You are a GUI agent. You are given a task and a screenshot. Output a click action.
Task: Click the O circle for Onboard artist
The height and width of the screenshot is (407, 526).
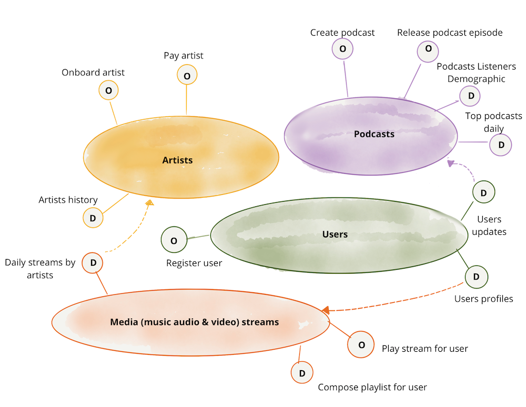pyautogui.click(x=108, y=91)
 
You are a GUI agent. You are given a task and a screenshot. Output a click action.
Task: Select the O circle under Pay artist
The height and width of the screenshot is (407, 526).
pyautogui.click(x=187, y=75)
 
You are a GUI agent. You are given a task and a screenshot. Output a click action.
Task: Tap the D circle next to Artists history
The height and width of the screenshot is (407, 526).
pyautogui.click(x=93, y=218)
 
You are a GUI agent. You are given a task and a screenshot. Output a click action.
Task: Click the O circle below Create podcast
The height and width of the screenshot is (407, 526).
pyautogui.click(x=342, y=49)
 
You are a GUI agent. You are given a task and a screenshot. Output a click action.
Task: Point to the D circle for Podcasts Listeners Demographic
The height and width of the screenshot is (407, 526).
pyautogui.click(x=470, y=96)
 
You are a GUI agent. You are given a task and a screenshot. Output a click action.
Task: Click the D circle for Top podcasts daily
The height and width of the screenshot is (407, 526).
pyautogui.click(x=500, y=145)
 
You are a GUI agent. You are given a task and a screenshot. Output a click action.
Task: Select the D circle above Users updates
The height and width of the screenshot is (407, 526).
pyautogui.click(x=483, y=192)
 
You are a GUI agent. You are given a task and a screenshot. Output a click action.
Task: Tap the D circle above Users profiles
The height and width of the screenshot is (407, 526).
pyautogui.click(x=477, y=276)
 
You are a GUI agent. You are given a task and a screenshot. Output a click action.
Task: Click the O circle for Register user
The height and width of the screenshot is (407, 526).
pyautogui.click(x=174, y=241)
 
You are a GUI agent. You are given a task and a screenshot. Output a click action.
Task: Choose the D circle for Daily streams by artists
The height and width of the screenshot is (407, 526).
pyautogui.click(x=93, y=263)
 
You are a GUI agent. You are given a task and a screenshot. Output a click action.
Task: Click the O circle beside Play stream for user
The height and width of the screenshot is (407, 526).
pyautogui.click(x=361, y=344)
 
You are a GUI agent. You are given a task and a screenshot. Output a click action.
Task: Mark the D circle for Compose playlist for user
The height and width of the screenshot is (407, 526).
pyautogui.click(x=302, y=373)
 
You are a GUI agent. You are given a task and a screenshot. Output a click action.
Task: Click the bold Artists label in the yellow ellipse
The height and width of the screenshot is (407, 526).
pyautogui.click(x=177, y=160)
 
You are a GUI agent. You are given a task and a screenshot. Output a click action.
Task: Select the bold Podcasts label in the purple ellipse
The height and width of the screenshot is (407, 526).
pyautogui.click(x=374, y=134)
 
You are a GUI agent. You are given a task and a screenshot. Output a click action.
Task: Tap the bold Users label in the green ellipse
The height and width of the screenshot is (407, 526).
pyautogui.click(x=335, y=234)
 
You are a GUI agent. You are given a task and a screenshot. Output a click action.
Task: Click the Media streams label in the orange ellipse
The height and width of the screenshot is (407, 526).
pyautogui.click(x=194, y=322)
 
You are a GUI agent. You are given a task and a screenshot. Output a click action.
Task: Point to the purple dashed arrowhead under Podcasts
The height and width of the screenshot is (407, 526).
pyautogui.click(x=450, y=163)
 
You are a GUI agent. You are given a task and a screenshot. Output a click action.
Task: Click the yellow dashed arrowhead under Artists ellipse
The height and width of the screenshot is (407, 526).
pyautogui.click(x=149, y=203)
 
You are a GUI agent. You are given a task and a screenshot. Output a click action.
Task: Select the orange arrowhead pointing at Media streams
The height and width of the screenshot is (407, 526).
pyautogui.click(x=326, y=311)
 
